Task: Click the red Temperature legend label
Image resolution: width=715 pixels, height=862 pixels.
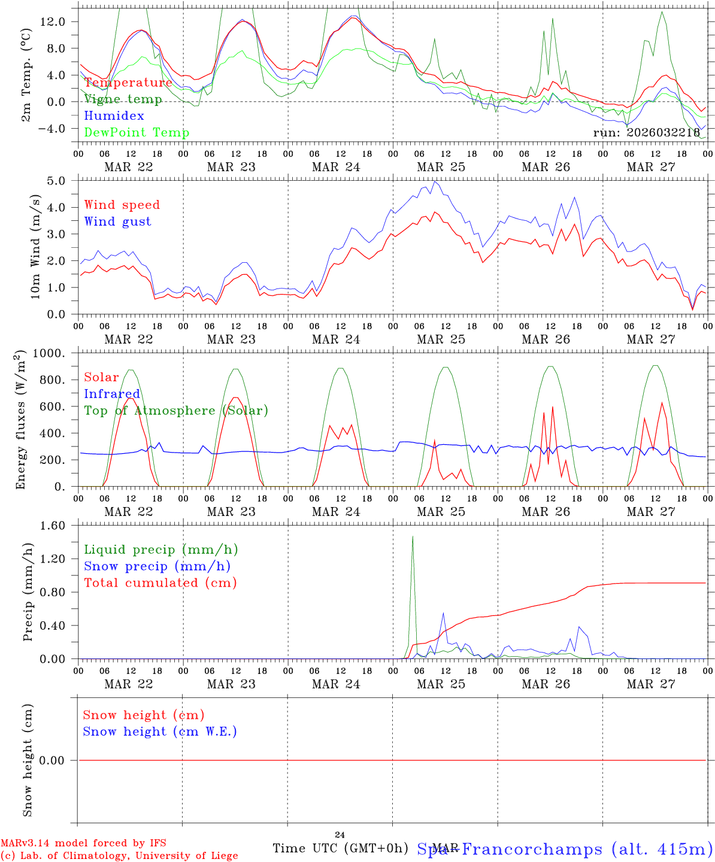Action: (128, 83)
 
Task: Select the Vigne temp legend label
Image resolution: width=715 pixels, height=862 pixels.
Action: (123, 99)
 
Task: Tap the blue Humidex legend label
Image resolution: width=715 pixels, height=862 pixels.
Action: (114, 116)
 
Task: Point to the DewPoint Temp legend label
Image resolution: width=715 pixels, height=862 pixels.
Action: (137, 132)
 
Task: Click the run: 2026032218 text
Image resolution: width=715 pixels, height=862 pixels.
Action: (646, 133)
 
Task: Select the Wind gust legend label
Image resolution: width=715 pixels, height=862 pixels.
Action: (117, 221)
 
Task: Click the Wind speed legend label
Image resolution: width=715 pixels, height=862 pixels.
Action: (122, 205)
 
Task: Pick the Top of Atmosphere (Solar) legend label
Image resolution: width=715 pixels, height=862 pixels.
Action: (176, 411)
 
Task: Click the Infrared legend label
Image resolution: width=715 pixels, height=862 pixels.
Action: (112, 394)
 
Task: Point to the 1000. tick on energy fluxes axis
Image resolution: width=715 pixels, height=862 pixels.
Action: (52, 353)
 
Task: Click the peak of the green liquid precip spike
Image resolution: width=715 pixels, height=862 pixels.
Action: (413, 536)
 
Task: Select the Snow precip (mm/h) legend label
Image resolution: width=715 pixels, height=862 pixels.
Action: (157, 566)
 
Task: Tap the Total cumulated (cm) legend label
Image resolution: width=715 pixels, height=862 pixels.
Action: (160, 583)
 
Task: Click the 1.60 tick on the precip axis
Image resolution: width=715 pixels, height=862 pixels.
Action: (54, 526)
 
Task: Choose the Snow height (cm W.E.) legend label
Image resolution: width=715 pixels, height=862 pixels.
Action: (160, 732)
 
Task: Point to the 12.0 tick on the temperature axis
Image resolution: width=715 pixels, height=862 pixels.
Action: (54, 22)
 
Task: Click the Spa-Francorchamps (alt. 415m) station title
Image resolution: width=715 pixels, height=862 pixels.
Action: (565, 849)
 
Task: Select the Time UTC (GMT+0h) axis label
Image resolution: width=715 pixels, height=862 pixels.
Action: (341, 848)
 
